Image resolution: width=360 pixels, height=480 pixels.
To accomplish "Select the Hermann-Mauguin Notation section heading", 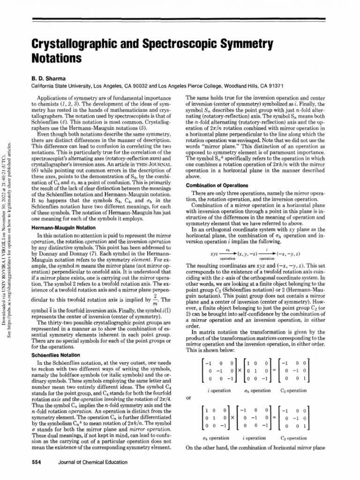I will coord(64,228).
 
